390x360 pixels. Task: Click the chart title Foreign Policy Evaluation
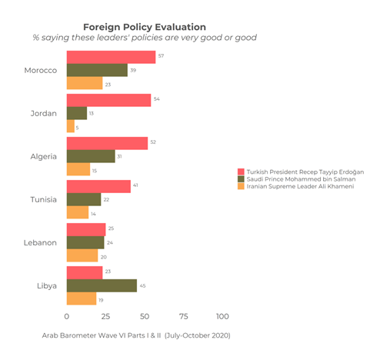(x=144, y=27)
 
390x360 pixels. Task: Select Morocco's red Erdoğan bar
(x=111, y=56)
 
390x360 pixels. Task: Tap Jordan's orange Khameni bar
(x=71, y=127)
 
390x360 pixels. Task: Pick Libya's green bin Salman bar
(x=102, y=285)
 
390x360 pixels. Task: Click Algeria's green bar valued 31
(x=91, y=156)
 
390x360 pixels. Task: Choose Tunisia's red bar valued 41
(x=98, y=186)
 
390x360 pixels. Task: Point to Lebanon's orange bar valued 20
(x=82, y=256)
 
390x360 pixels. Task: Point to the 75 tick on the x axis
(x=184, y=316)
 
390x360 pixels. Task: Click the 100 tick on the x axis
(x=222, y=316)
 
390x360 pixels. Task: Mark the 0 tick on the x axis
(x=67, y=316)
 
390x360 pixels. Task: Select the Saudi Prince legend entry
(x=300, y=178)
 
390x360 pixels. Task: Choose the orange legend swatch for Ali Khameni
(x=241, y=187)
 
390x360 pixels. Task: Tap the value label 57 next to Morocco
(x=161, y=56)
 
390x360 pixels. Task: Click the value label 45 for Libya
(x=142, y=285)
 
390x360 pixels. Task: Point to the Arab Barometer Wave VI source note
(x=136, y=335)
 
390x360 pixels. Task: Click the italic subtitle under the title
(x=144, y=38)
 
